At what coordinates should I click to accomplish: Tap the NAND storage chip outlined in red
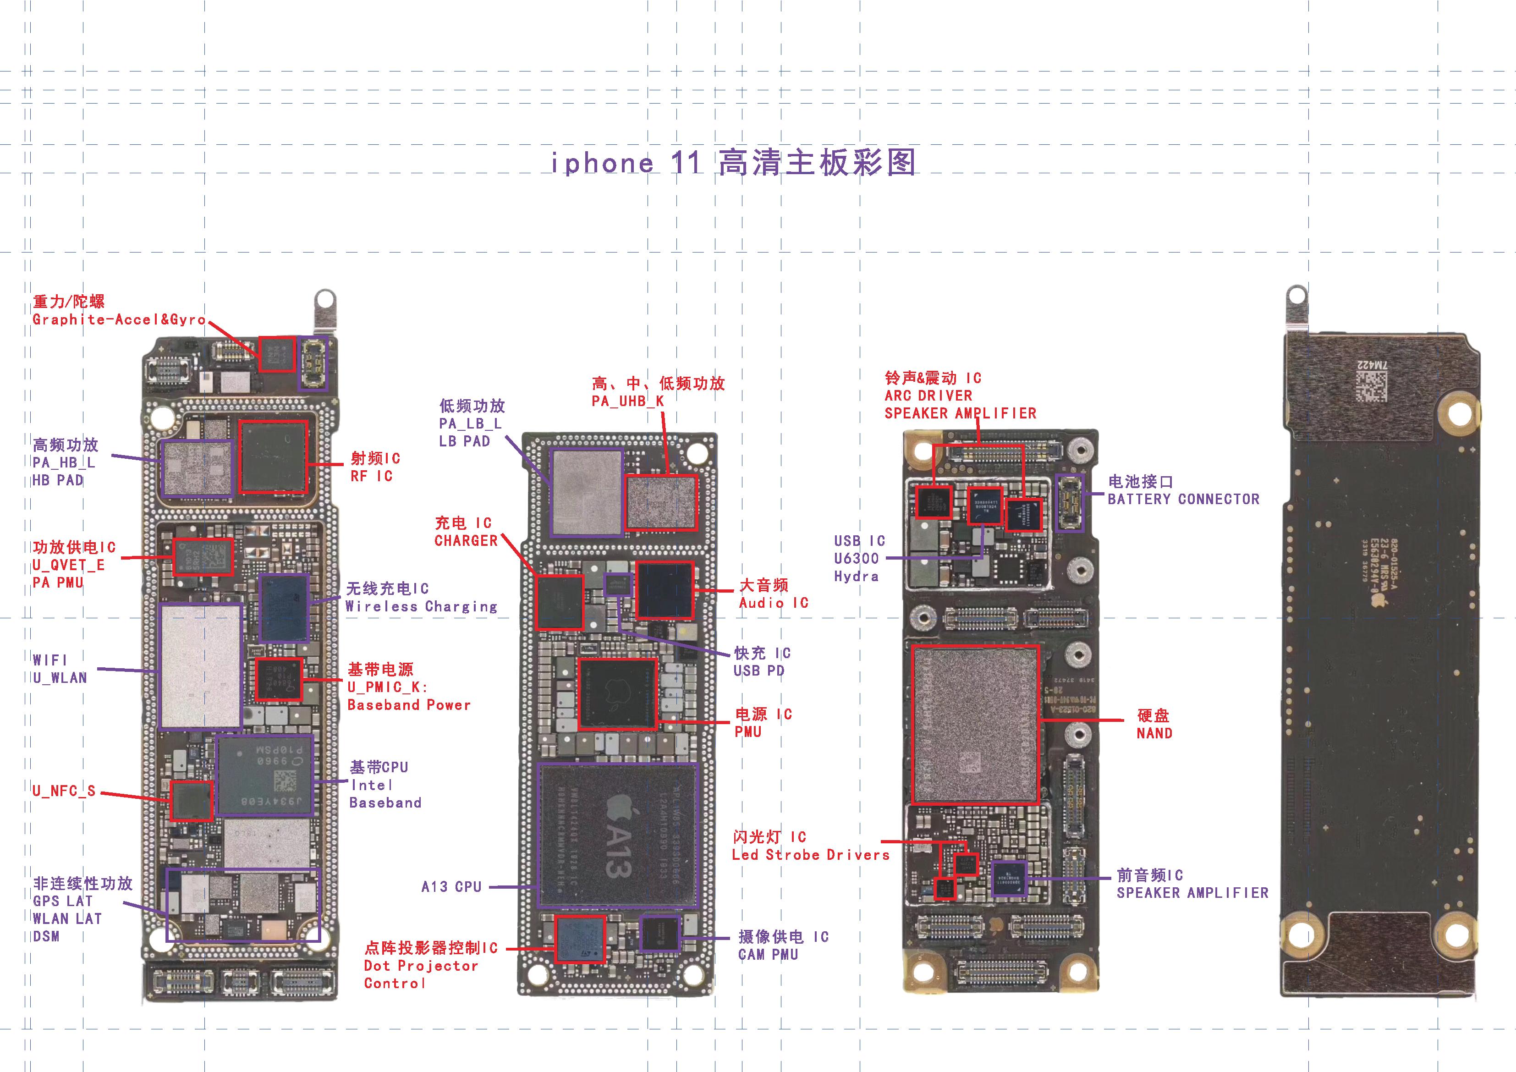(x=975, y=724)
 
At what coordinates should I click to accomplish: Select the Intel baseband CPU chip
(x=264, y=775)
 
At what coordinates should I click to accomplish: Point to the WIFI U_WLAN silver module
(x=200, y=666)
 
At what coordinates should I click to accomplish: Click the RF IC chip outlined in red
(x=273, y=456)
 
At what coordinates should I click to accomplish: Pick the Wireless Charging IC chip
(x=284, y=608)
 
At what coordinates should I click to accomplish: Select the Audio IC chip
(x=664, y=590)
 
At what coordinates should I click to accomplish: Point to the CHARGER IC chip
(x=560, y=602)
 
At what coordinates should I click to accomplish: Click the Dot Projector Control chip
(x=580, y=939)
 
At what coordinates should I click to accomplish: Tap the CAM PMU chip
(x=659, y=933)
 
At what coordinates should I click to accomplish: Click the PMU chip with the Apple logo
(x=617, y=693)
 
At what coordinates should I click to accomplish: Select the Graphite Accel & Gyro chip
(x=276, y=354)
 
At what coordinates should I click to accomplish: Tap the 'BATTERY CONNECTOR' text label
(x=1183, y=500)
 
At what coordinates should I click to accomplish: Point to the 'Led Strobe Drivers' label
(x=810, y=855)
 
